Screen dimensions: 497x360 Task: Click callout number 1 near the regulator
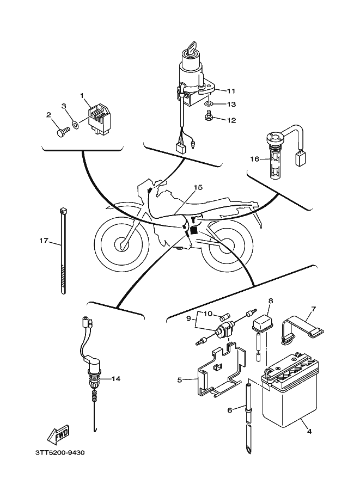coord(83,96)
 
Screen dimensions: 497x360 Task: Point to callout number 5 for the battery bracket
coord(179,379)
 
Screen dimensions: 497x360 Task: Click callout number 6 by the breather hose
coord(230,410)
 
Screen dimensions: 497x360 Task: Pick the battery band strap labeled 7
coord(300,330)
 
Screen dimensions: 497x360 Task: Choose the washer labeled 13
coord(209,103)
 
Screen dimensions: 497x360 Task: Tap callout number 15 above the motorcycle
coord(197,187)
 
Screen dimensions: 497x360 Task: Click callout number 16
coord(254,159)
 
